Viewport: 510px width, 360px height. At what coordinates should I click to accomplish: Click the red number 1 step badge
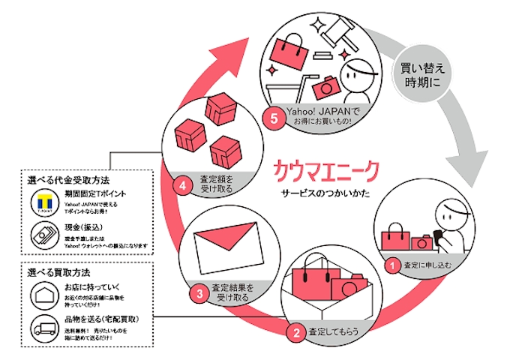tap(389, 264)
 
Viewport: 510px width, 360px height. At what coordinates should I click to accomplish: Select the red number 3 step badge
tap(199, 294)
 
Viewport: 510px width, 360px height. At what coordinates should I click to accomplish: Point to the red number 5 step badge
tap(275, 118)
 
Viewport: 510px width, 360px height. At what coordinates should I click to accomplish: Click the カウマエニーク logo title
tap(327, 169)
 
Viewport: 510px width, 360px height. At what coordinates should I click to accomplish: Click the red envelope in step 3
tap(225, 247)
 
